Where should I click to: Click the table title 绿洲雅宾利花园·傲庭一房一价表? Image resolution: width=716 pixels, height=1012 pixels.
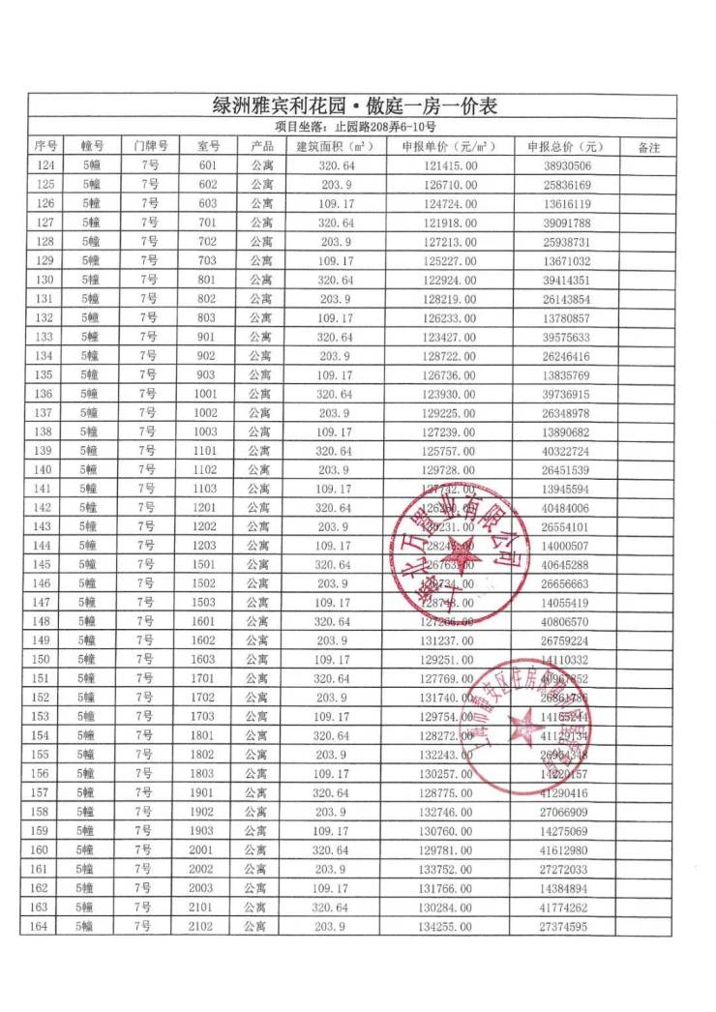coord(355,105)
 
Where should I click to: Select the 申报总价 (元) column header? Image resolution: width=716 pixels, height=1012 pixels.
coord(563,147)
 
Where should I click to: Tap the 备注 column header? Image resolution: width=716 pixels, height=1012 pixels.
coord(649,147)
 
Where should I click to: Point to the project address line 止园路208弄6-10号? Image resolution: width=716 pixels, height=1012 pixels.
coord(355,127)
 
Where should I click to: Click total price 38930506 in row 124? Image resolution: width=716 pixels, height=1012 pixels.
coord(563,165)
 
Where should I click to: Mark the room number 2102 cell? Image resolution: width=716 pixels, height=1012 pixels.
coord(201,927)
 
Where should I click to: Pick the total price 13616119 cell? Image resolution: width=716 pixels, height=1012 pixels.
coord(563,203)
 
